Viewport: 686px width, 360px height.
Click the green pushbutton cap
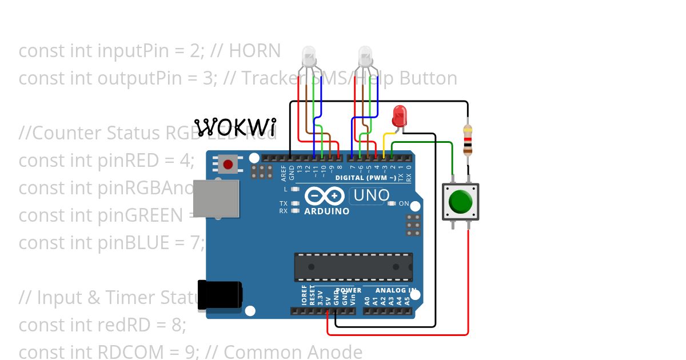461,201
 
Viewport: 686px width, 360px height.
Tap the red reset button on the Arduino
228,165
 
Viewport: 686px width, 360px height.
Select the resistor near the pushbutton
468,141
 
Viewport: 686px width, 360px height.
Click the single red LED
399,116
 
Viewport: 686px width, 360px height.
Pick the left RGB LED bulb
308,56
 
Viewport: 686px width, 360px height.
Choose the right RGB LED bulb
365,56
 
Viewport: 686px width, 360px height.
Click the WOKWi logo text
235,127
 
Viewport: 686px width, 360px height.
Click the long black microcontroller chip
353,267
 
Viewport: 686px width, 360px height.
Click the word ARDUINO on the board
326,211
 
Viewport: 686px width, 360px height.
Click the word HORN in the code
254,51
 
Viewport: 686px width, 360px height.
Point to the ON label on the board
404,203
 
